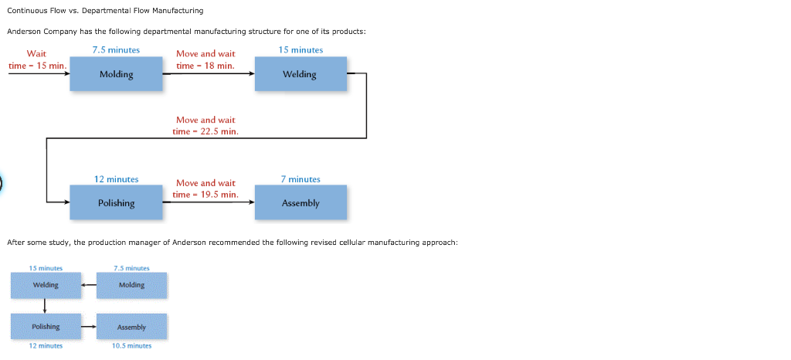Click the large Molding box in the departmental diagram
point(116,74)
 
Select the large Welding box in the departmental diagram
point(300,74)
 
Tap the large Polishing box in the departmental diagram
point(116,202)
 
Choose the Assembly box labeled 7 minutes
point(300,202)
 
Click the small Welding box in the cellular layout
point(46,285)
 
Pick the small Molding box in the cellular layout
point(131,285)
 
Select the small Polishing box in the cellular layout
point(46,327)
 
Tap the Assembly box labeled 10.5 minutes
point(131,327)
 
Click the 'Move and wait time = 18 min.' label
point(205,59)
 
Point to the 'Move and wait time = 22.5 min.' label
point(205,125)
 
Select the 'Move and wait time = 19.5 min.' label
point(205,188)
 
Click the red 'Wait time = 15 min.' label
point(36,59)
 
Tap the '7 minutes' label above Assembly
point(300,179)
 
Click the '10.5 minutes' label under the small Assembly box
point(131,346)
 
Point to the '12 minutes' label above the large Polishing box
point(116,179)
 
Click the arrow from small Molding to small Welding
point(89,285)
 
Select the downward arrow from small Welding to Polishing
point(46,306)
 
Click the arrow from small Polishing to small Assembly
point(89,327)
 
